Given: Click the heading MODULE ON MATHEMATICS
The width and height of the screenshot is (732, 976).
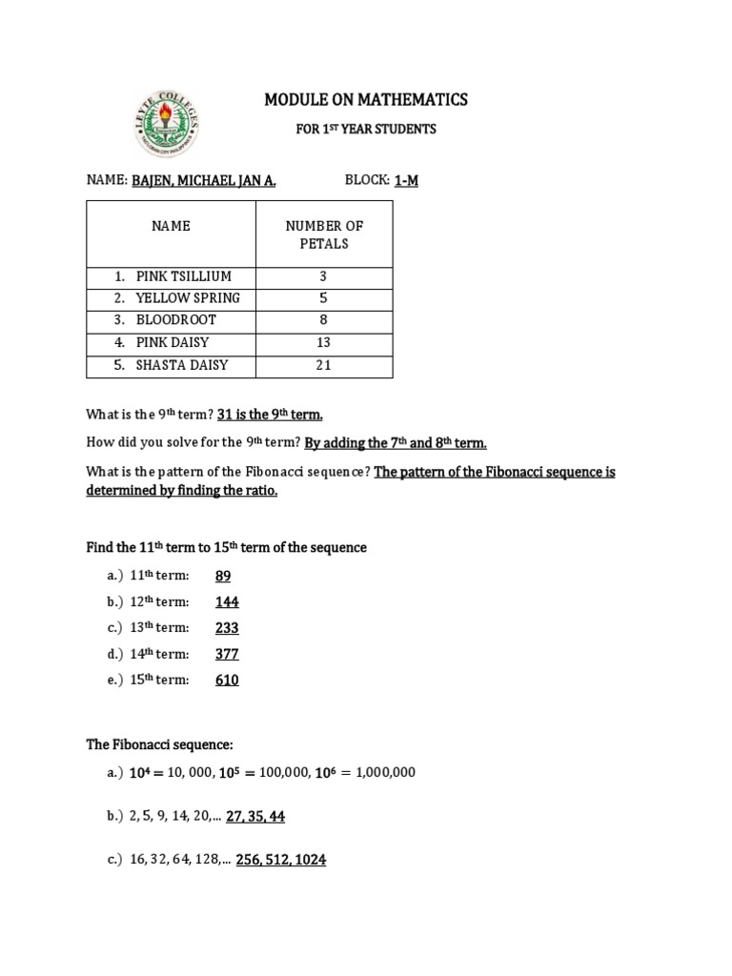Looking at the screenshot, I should coord(365,99).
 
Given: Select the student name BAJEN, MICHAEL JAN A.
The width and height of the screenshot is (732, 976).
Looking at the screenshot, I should coord(204,181).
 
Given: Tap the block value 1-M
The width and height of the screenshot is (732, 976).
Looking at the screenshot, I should coord(407,181).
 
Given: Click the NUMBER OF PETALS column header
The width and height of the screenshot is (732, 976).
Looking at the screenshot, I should coord(324,234).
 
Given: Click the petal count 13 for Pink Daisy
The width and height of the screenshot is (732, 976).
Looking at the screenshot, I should coord(324,342).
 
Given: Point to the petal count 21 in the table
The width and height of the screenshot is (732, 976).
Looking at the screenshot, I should coord(324,365).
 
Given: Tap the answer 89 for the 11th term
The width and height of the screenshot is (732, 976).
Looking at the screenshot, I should coord(223,576).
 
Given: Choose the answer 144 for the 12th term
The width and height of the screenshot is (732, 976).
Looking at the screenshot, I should coord(227,602).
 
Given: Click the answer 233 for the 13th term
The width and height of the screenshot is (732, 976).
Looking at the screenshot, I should coord(227,628).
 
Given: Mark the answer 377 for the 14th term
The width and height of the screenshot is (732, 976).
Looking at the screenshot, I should coord(227,654).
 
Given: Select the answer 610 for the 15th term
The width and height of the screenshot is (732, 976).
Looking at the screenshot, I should coord(227,681).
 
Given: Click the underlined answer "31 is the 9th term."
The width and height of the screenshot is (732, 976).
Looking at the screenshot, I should coord(270,415).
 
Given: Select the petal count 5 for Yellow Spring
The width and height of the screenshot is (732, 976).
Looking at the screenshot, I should coord(324,298).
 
